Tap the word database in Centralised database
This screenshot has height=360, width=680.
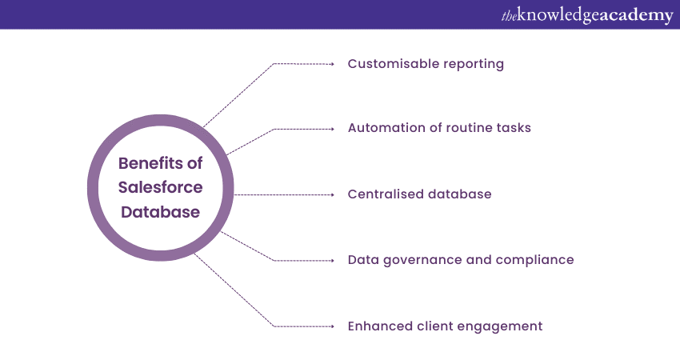(x=460, y=194)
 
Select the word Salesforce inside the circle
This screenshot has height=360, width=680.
(x=161, y=188)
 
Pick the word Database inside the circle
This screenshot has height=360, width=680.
(x=161, y=214)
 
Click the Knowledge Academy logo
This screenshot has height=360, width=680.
(x=587, y=15)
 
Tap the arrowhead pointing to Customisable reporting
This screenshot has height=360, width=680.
(x=331, y=63)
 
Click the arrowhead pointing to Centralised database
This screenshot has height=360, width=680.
(x=331, y=194)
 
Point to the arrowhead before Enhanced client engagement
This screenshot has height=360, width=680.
(x=331, y=326)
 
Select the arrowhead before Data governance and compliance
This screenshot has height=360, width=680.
(x=331, y=260)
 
